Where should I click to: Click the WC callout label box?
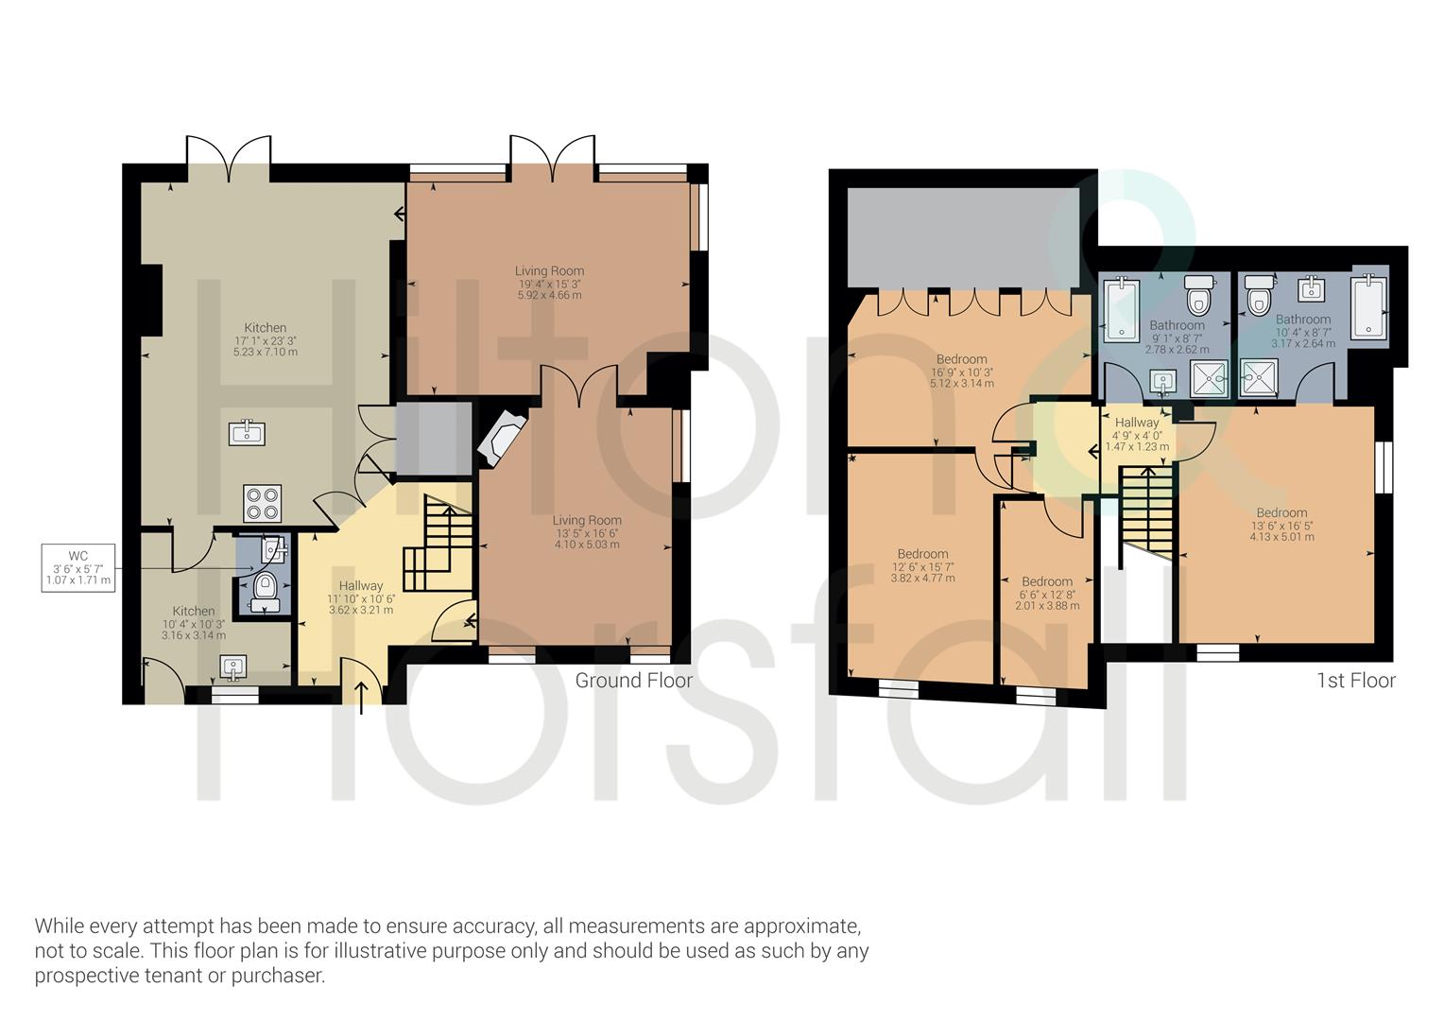(x=78, y=567)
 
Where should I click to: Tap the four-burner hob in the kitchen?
(x=263, y=503)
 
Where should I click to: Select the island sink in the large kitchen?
(x=247, y=432)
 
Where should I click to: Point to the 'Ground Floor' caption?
(x=634, y=681)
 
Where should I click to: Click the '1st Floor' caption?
(x=1356, y=681)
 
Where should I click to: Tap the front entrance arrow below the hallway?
(x=361, y=698)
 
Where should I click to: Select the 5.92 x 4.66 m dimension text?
(x=549, y=295)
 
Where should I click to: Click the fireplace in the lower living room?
(x=502, y=438)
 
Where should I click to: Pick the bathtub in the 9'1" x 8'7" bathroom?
(x=1122, y=309)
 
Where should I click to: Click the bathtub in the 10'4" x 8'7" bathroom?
(x=1368, y=305)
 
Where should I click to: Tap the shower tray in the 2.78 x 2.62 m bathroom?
(x=1210, y=378)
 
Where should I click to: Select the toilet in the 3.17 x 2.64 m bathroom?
(x=1259, y=295)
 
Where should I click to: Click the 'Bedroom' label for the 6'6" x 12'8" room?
(x=1047, y=581)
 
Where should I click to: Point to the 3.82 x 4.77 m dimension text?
(x=923, y=579)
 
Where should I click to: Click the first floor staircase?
(x=1147, y=510)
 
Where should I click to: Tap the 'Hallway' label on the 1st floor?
(x=1137, y=423)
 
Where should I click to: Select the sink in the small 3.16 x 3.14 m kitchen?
(x=233, y=666)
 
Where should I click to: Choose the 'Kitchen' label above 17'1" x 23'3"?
(x=265, y=328)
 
